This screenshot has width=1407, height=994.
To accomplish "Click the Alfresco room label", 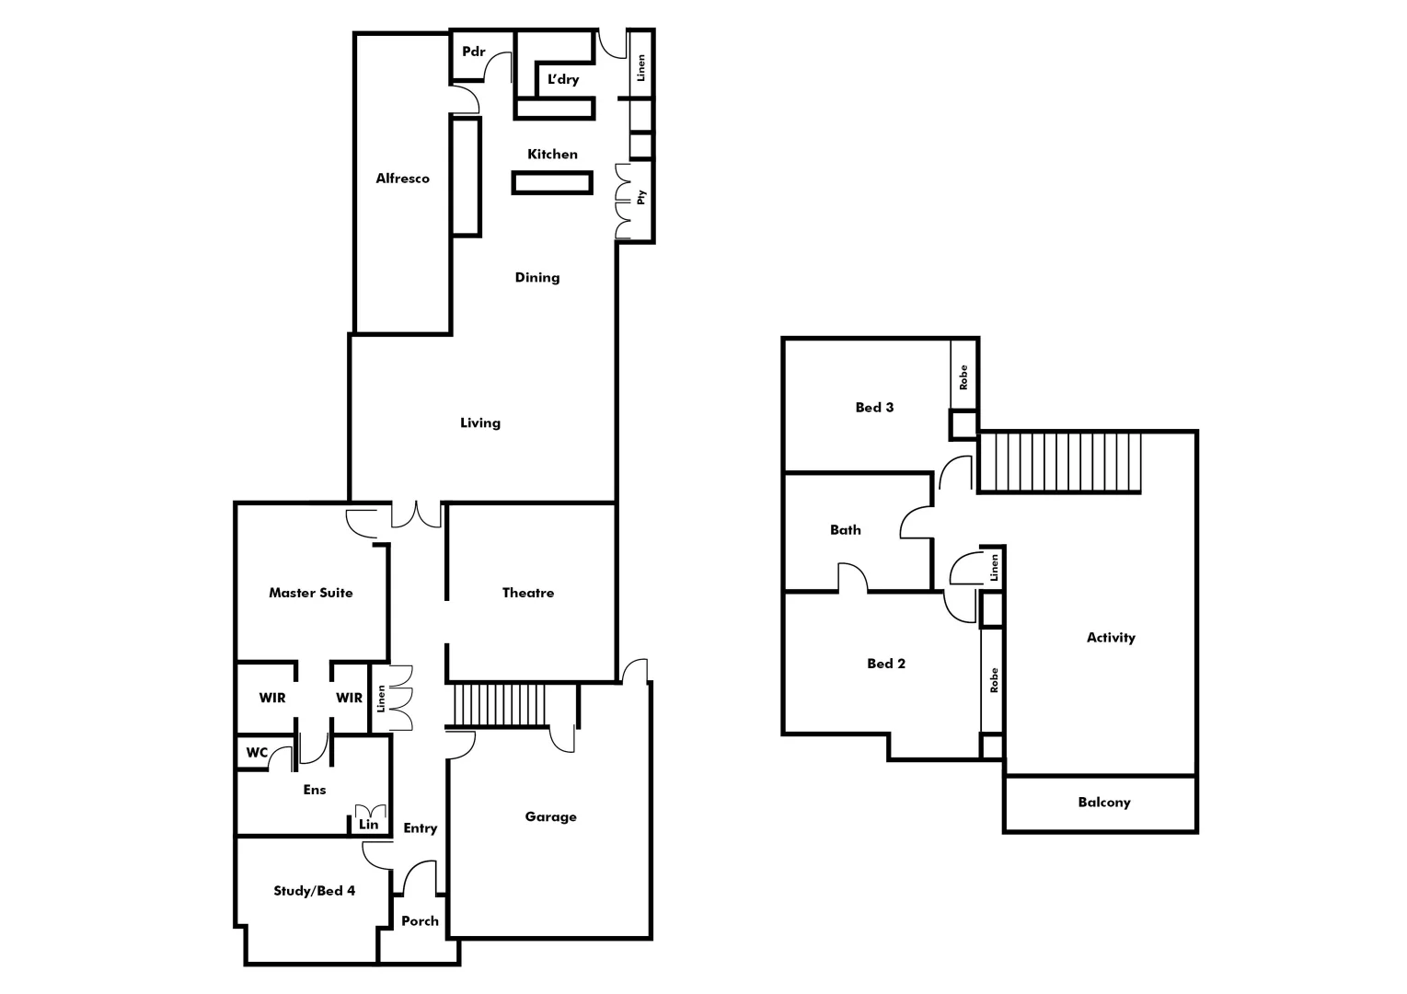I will coord(402,179).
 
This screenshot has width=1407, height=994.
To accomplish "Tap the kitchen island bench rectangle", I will coord(551,183).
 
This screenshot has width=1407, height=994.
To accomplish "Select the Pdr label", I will coord(473,52).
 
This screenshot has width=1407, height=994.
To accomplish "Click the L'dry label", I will coord(563,80).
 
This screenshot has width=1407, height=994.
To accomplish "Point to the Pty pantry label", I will coord(641,197).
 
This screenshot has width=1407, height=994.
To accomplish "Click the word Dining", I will coord(536,277).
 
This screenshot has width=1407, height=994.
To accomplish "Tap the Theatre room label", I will coord(528,593).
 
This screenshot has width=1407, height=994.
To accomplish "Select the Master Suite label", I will coord(310,593).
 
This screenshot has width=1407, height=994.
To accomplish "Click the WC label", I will coord(257,753).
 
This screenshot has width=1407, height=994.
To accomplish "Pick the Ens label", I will coord(314,790).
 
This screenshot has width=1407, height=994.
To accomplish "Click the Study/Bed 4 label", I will coord(314,891).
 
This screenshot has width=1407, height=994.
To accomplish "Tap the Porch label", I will coord(420,921).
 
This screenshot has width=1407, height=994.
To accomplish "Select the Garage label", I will coord(550,816).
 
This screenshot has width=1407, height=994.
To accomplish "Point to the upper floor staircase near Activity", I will coord(1059,462).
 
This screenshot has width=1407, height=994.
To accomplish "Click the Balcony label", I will coord(1103,803).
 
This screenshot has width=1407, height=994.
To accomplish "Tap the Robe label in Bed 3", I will coord(963,377).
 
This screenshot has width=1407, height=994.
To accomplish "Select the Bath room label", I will coord(845,530).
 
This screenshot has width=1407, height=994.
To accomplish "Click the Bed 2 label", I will coord(885,664).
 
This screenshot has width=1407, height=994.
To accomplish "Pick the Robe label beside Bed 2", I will coord(993,680).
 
